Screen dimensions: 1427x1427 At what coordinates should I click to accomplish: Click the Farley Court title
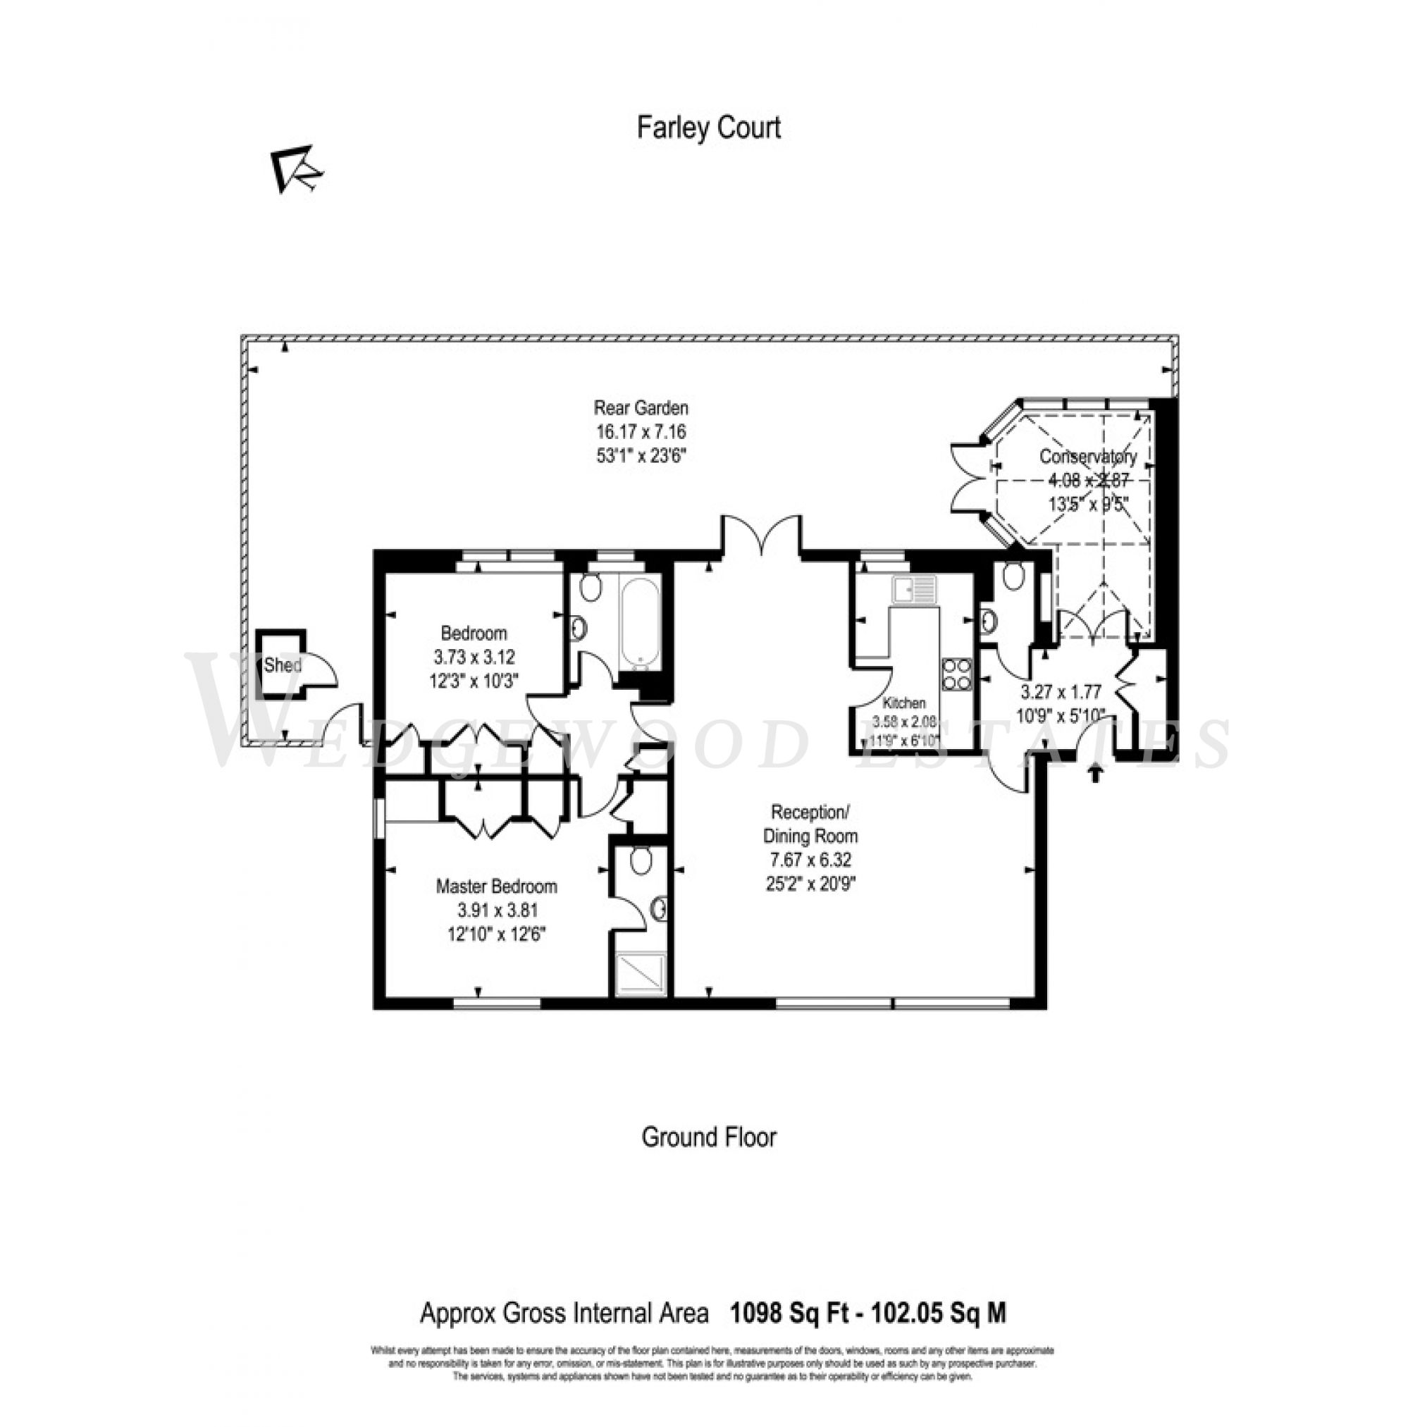click(708, 128)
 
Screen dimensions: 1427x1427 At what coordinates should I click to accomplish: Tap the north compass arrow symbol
click(296, 169)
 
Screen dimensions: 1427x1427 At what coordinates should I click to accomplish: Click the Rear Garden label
click(641, 408)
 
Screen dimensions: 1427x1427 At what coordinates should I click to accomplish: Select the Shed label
click(282, 665)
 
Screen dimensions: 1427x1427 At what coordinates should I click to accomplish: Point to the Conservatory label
click(1087, 457)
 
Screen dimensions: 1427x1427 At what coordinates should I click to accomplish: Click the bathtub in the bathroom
click(640, 622)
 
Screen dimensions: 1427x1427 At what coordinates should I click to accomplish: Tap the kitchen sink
click(914, 589)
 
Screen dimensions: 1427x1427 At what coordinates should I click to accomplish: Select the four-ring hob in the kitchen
click(956, 674)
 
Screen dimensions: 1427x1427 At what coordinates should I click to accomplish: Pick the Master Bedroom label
click(496, 887)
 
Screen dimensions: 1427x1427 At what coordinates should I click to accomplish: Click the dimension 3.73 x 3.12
click(474, 657)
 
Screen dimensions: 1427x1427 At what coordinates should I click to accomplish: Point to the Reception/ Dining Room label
click(810, 824)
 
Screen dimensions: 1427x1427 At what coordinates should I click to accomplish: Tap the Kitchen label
click(904, 703)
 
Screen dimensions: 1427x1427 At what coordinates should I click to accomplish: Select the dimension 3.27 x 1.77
click(1061, 692)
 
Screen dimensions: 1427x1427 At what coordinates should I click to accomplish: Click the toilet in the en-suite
click(641, 860)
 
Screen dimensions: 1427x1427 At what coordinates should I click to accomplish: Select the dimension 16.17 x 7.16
click(641, 432)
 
